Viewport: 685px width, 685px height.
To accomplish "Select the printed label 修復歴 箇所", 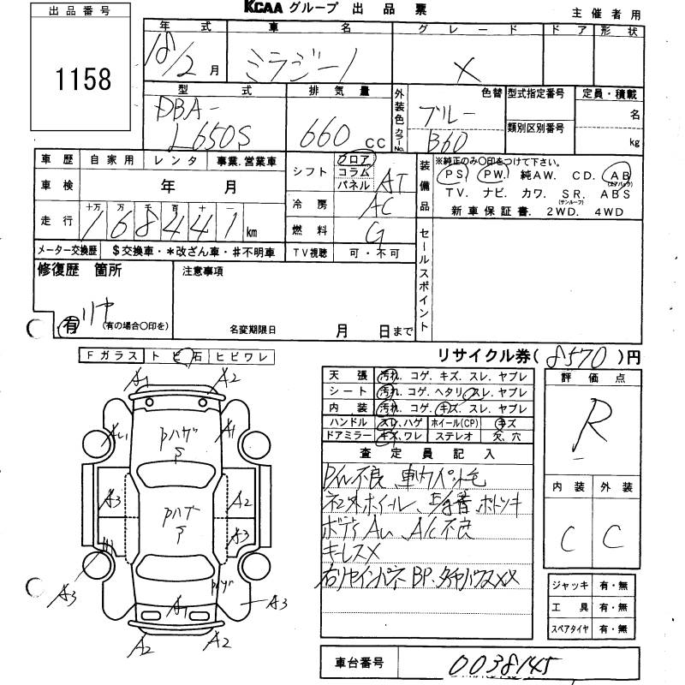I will pos(80,271).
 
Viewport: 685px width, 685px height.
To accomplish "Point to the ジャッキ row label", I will pos(573,587).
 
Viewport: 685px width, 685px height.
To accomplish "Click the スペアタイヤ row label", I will pos(574,629).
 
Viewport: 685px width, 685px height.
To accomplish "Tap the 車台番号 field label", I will pos(359,662).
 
